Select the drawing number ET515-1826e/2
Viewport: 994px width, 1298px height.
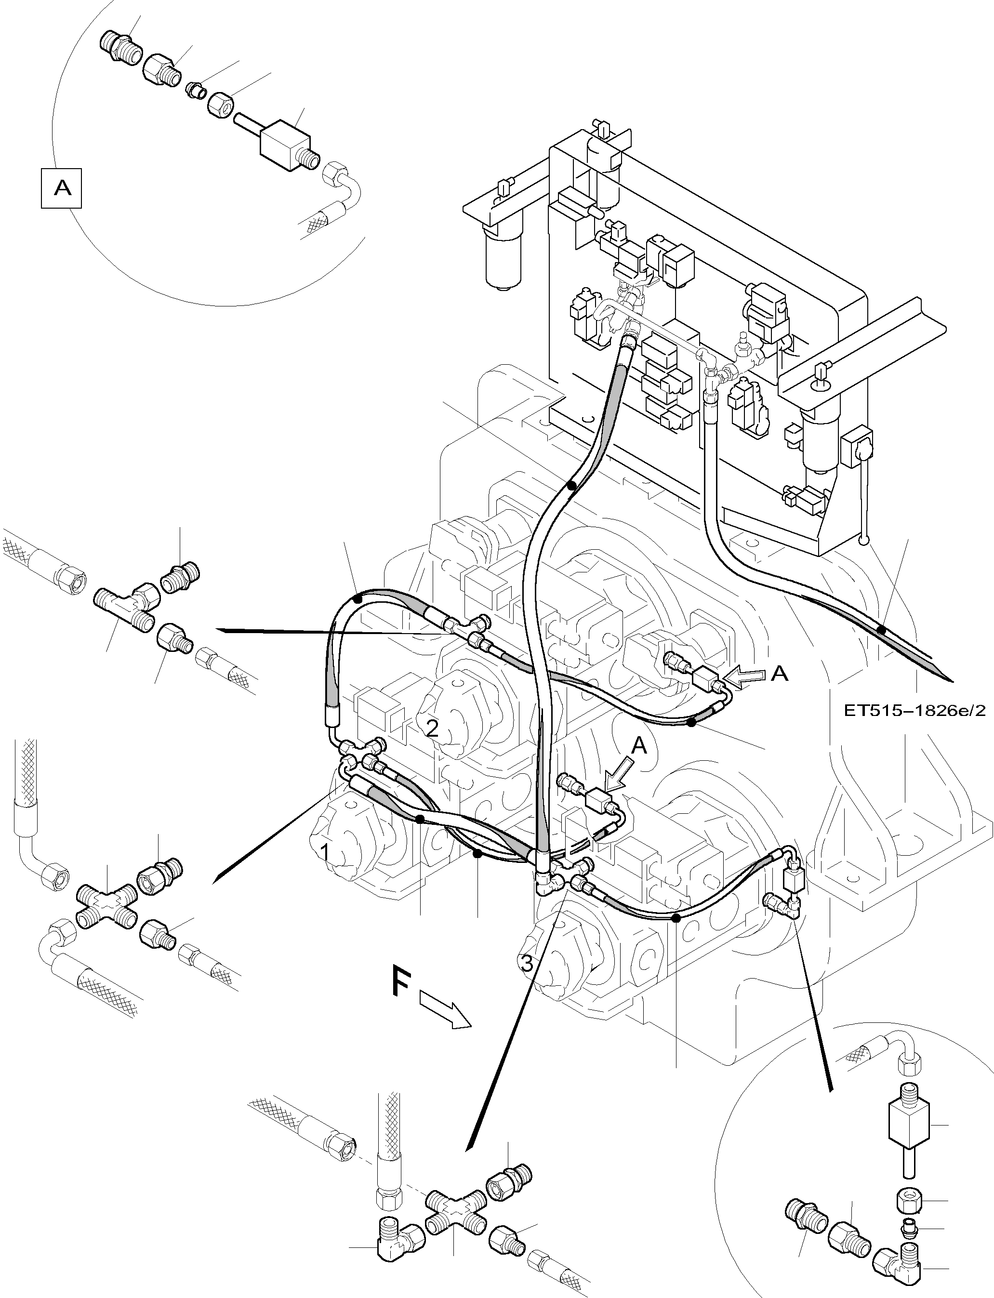914,711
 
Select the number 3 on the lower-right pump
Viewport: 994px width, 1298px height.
526,964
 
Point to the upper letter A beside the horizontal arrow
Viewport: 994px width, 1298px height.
780,673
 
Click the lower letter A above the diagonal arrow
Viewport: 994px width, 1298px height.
639,747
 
